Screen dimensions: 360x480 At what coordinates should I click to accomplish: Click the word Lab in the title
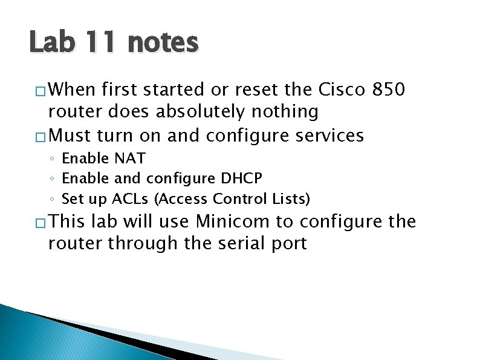(x=51, y=42)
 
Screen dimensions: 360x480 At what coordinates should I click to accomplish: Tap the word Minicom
(x=233, y=221)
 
